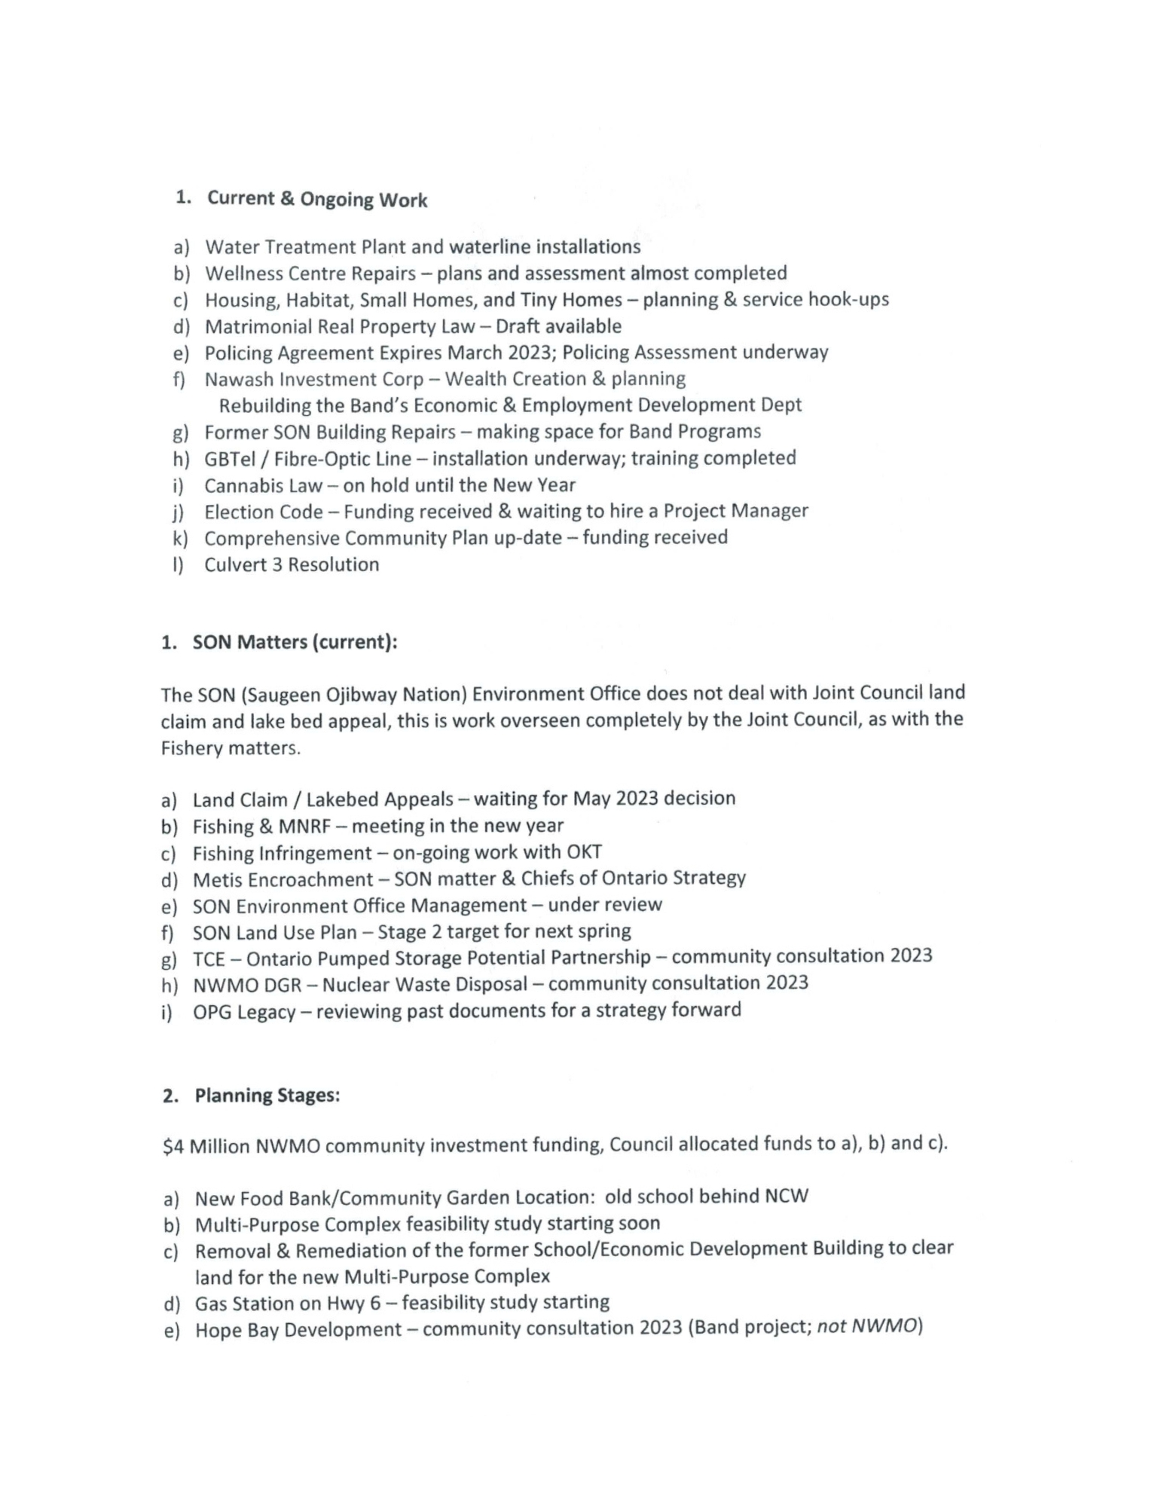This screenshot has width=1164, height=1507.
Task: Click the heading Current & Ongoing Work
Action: pyautogui.click(x=317, y=199)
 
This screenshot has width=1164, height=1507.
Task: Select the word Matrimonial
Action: pyautogui.click(x=252, y=326)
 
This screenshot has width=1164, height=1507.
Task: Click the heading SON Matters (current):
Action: pyautogui.click(x=295, y=642)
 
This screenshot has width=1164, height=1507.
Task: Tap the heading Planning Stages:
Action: pyautogui.click(x=267, y=1096)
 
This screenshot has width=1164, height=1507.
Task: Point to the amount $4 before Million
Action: pyautogui.click(x=173, y=1147)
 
